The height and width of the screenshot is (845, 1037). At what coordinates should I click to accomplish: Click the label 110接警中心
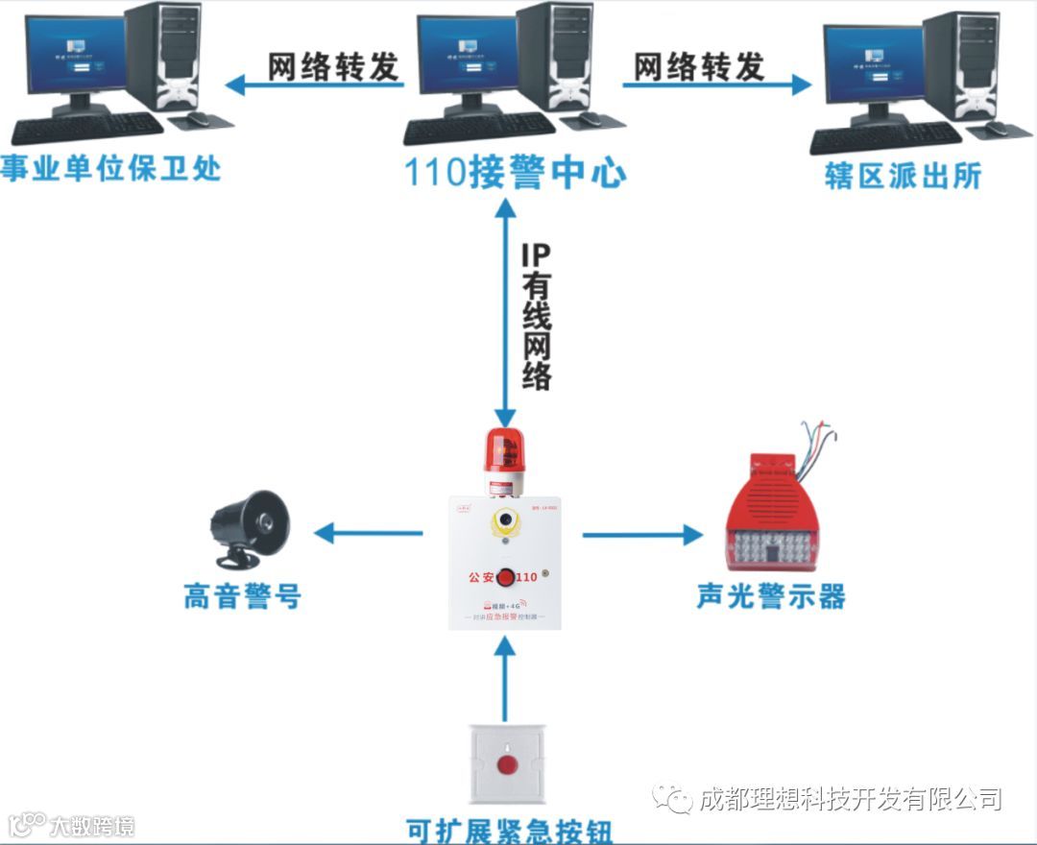515,173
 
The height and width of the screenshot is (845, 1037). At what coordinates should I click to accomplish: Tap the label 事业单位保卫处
110,169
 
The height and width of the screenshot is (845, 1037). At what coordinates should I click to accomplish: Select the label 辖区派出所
903,176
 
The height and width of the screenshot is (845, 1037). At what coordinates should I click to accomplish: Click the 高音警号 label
242,596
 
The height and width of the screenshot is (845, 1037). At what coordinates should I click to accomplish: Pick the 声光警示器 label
771,596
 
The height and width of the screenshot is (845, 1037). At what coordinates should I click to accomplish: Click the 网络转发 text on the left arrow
332,66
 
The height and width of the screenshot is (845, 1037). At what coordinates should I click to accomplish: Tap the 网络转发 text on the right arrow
699,66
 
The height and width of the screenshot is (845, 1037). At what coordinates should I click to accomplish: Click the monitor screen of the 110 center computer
468,55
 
